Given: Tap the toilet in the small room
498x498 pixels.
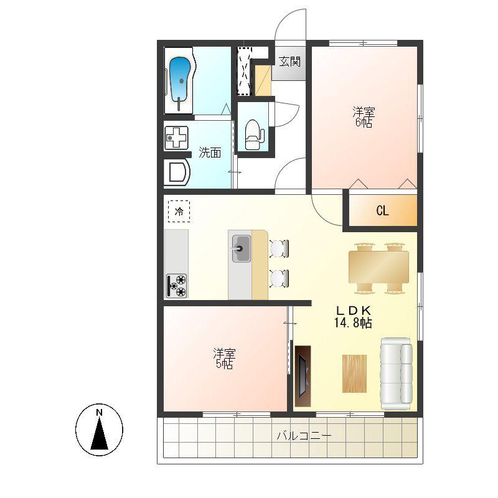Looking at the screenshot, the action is coord(255,134).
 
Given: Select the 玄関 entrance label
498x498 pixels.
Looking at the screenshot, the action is coord(289,61).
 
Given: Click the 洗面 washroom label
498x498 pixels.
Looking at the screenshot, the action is coord(210,153).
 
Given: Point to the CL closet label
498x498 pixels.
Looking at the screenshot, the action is coord(382,210).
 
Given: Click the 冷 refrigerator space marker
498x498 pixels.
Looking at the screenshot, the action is coord(179,211).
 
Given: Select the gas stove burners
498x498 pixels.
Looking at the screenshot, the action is coord(177,286).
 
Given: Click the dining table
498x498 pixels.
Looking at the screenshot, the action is coord(378,267).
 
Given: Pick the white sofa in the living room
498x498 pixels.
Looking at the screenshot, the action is coord(396,374).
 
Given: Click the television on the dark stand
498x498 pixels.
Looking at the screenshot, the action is coord(303,376).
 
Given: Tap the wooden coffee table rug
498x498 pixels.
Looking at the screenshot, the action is coord(354,374).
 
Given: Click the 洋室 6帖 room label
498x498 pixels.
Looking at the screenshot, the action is coord(364,117).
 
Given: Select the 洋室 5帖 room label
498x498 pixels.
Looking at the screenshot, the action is coord(224,359).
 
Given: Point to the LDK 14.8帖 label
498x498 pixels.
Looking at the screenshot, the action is coord(353,316).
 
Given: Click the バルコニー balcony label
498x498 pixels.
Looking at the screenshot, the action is coord(304,435).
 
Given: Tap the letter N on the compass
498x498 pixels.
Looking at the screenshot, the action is coord(99,413).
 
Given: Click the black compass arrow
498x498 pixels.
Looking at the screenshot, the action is coord(100,433).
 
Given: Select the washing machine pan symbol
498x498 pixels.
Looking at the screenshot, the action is coord(176,138).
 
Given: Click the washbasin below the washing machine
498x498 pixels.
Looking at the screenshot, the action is coord(177,173).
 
